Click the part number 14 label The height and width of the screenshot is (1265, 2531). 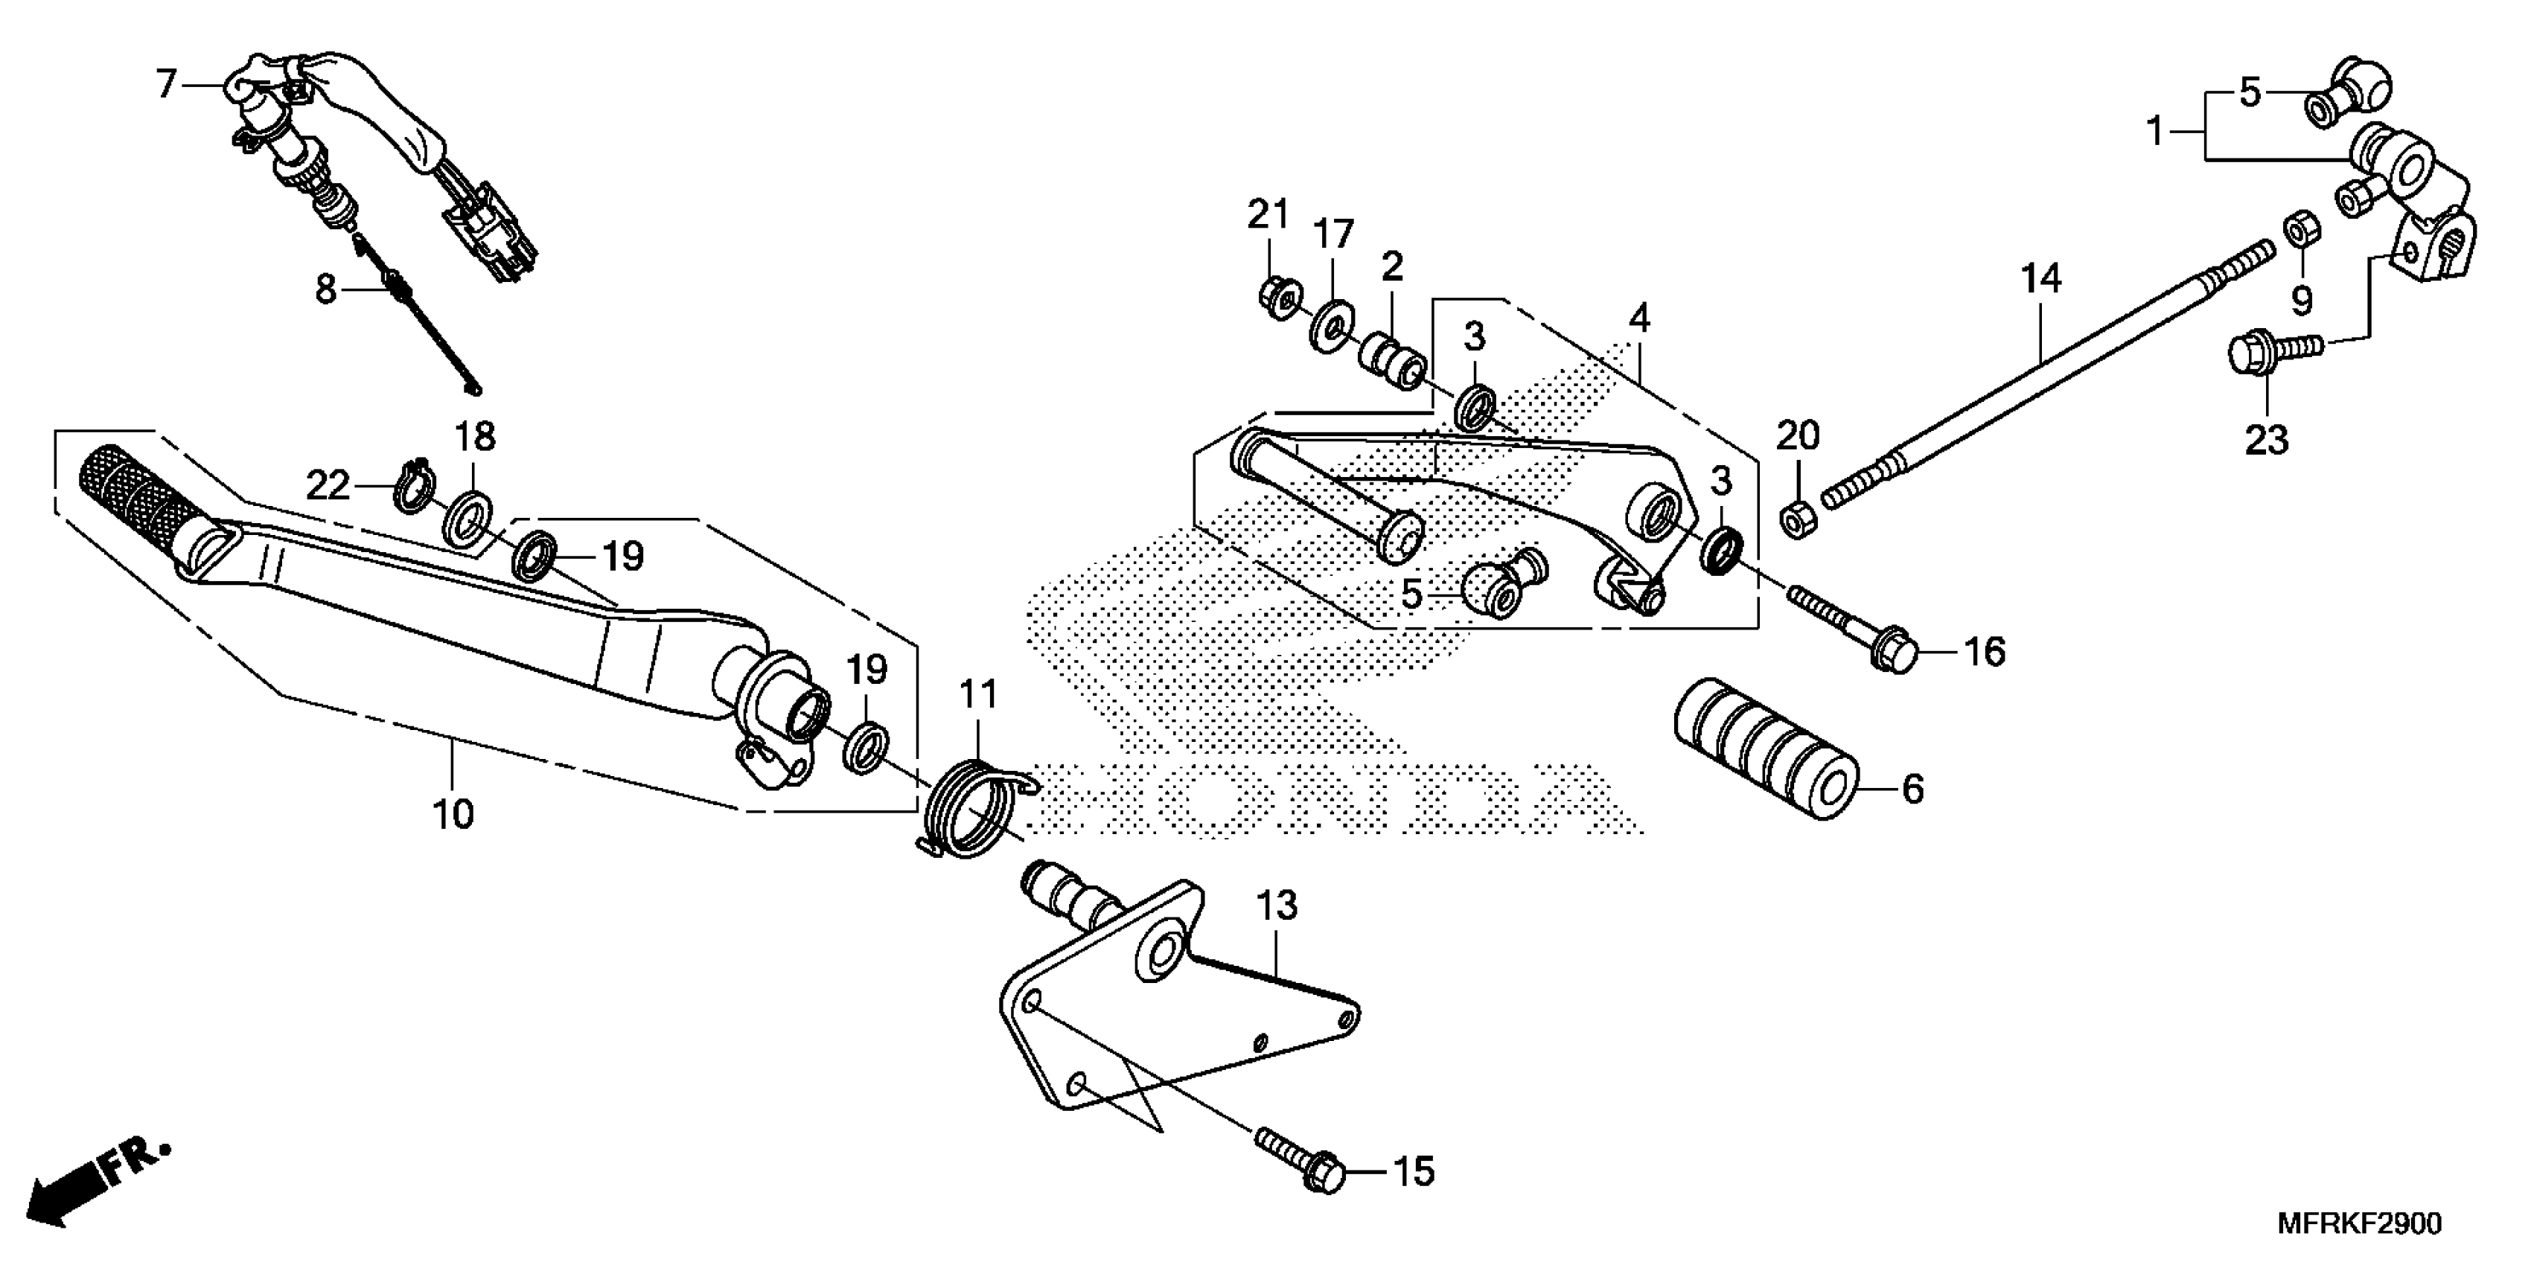[x=2040, y=279]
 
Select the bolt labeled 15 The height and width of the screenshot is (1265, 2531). [x=1298, y=1159]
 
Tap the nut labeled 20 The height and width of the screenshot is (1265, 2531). [x=1797, y=518]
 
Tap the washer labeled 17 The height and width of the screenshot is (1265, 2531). [x=1331, y=324]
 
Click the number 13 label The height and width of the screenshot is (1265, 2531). [x=1277, y=906]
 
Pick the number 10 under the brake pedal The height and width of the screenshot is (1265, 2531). [x=453, y=813]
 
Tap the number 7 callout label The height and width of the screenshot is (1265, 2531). [x=166, y=85]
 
